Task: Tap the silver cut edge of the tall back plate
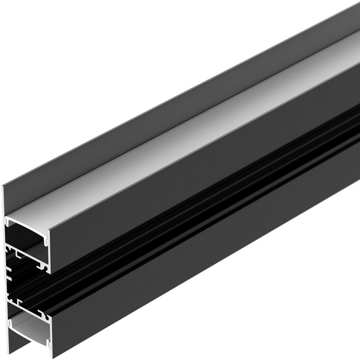click(5, 270)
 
